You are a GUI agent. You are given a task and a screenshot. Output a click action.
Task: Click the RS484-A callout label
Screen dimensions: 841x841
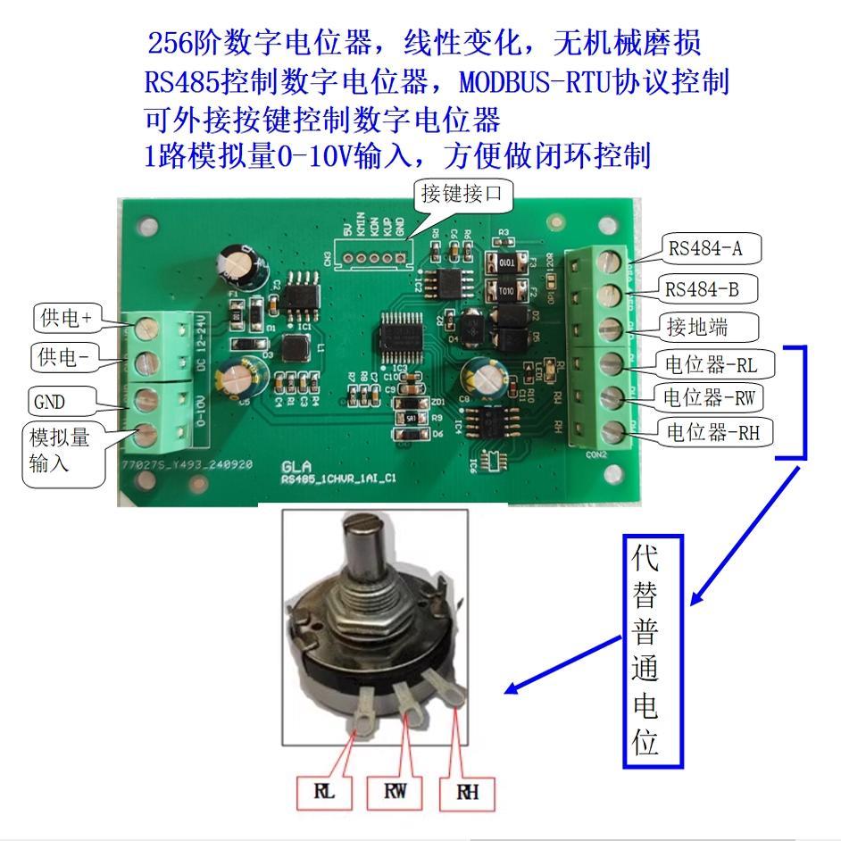click(x=704, y=249)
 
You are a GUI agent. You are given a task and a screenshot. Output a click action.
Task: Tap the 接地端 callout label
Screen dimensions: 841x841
click(x=696, y=327)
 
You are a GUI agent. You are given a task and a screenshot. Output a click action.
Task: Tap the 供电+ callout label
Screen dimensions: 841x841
click(x=68, y=317)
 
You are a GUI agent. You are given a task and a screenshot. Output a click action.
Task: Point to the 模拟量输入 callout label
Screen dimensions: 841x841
click(x=60, y=452)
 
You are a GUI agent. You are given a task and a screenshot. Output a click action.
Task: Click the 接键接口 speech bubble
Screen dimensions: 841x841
click(x=462, y=195)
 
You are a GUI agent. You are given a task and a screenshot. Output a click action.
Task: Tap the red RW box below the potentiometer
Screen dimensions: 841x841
click(x=396, y=792)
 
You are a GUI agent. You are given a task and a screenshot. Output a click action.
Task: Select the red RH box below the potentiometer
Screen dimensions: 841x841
click(x=467, y=792)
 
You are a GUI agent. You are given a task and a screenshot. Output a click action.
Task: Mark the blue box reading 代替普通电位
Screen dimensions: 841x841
click(x=653, y=651)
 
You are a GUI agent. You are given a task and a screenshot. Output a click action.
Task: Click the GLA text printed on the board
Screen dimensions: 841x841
click(x=297, y=467)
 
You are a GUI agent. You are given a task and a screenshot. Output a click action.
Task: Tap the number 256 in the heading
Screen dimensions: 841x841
click(x=166, y=42)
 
